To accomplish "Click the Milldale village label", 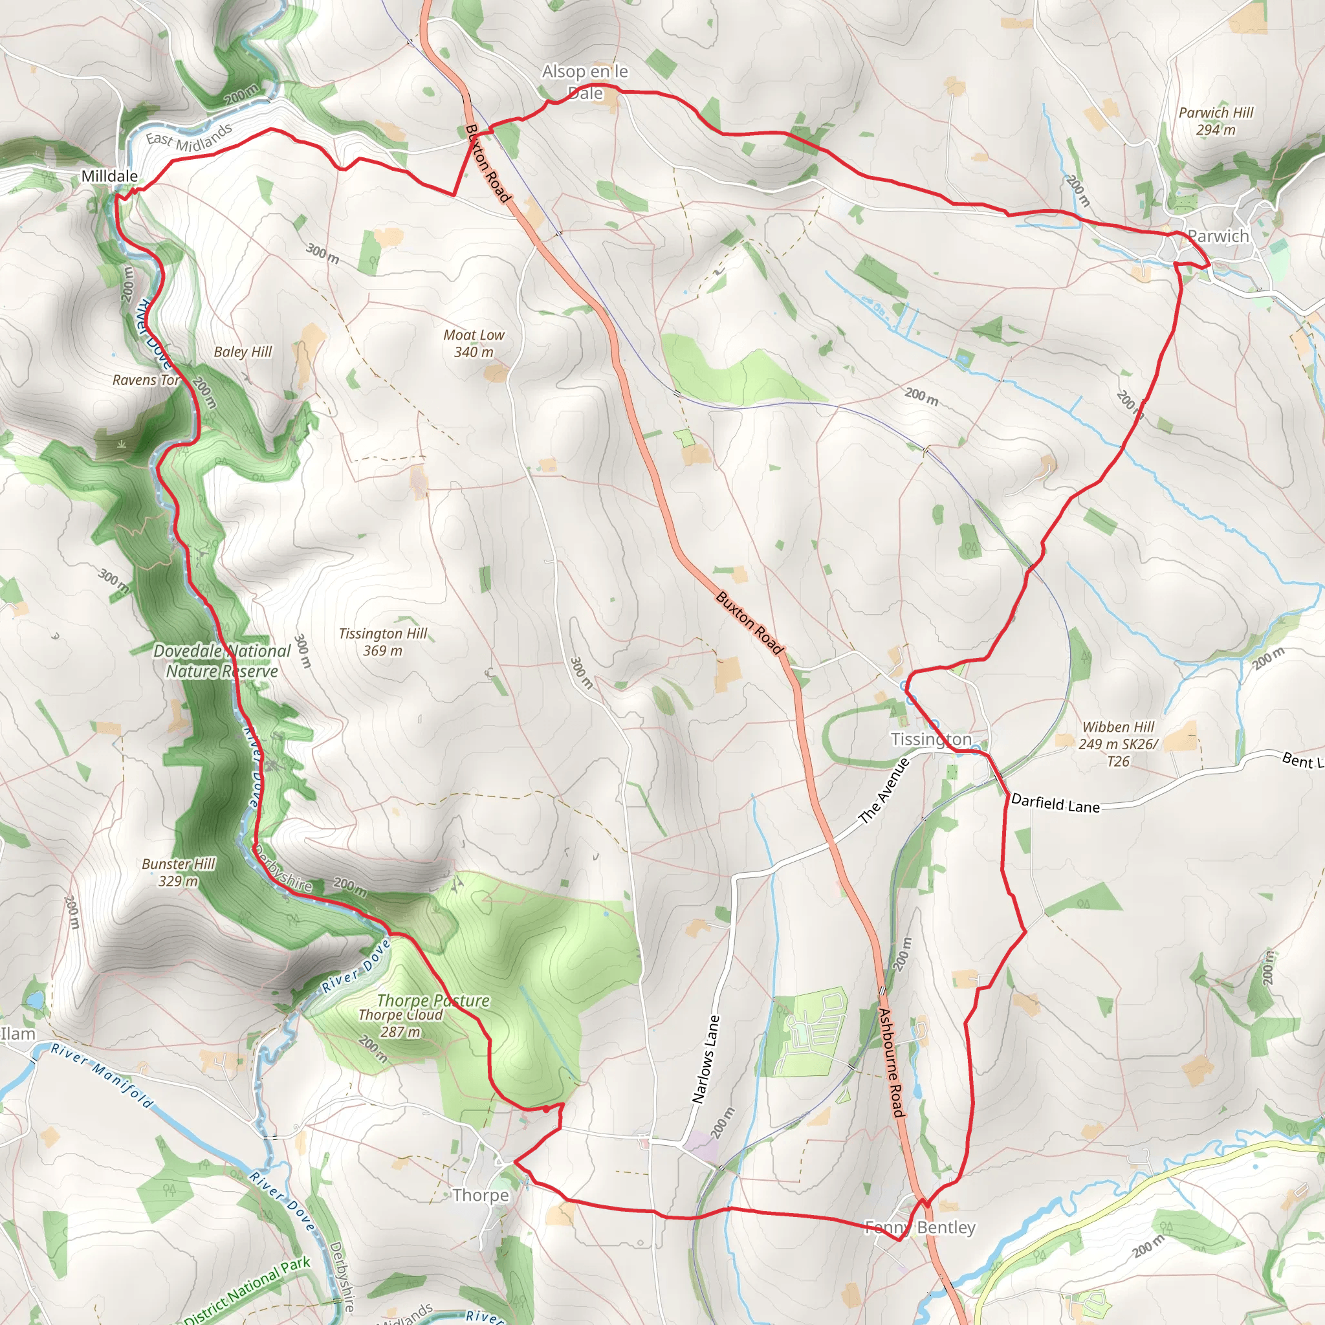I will [109, 176].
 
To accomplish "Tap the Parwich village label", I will [1218, 236].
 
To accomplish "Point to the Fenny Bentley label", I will [920, 1227].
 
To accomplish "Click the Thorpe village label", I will [480, 1195].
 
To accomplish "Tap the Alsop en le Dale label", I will [585, 82].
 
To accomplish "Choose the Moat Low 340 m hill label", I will [473, 343].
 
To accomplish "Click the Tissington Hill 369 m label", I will [383, 642].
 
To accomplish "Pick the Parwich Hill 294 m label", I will [1216, 121].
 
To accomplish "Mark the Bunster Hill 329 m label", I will [179, 872].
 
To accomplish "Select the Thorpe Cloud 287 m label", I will [400, 1024].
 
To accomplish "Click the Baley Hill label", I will [243, 352].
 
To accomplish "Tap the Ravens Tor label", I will [146, 380].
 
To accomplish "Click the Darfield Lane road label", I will [1055, 804].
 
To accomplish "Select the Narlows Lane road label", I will [706, 1059].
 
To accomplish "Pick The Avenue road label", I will [884, 791].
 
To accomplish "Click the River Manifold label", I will [102, 1076].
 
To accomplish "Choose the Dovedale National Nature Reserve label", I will [222, 661].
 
